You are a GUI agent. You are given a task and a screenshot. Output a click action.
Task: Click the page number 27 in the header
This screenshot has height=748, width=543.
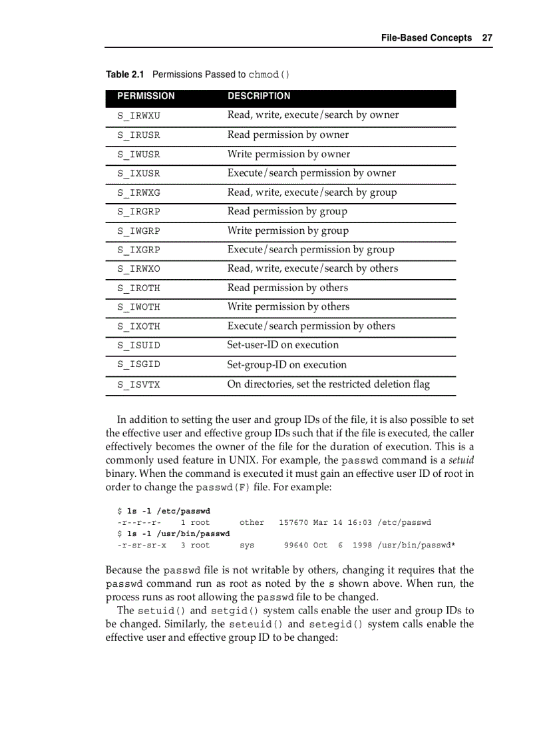coord(487,38)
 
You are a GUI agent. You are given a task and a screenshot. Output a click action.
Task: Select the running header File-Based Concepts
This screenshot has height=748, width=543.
coord(426,38)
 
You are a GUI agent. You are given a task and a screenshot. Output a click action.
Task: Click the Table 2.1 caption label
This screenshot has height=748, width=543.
coord(126,74)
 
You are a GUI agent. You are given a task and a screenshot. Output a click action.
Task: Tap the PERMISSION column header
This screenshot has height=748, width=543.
coord(146,96)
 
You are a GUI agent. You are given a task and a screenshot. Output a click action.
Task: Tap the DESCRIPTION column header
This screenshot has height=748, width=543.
coord(259,96)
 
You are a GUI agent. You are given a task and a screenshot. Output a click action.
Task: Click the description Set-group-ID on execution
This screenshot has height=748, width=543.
coord(287,365)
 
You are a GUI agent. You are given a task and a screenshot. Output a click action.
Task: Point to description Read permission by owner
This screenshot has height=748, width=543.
coord(287,135)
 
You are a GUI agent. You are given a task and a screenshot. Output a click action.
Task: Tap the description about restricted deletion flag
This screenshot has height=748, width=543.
coord(328,384)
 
